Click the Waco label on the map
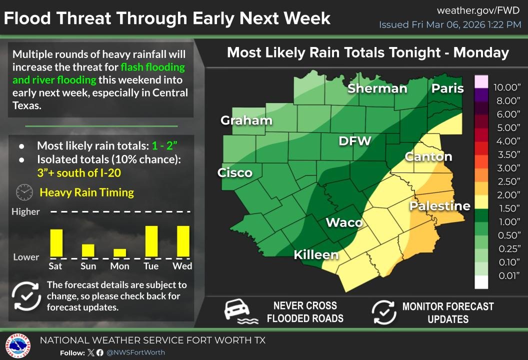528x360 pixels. click(344, 222)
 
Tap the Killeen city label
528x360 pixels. click(316, 254)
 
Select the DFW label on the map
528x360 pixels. click(354, 141)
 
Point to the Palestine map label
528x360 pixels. click(439, 206)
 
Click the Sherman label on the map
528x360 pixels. click(377, 88)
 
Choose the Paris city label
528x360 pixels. click(447, 88)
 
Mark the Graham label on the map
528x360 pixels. click(246, 120)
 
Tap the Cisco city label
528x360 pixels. click(234, 173)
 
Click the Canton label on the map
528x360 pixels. click(428, 156)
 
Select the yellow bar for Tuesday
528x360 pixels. click(151, 241)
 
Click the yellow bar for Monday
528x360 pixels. click(120, 252)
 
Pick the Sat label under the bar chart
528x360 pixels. click(55, 266)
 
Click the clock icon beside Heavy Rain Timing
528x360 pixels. click(24, 192)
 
